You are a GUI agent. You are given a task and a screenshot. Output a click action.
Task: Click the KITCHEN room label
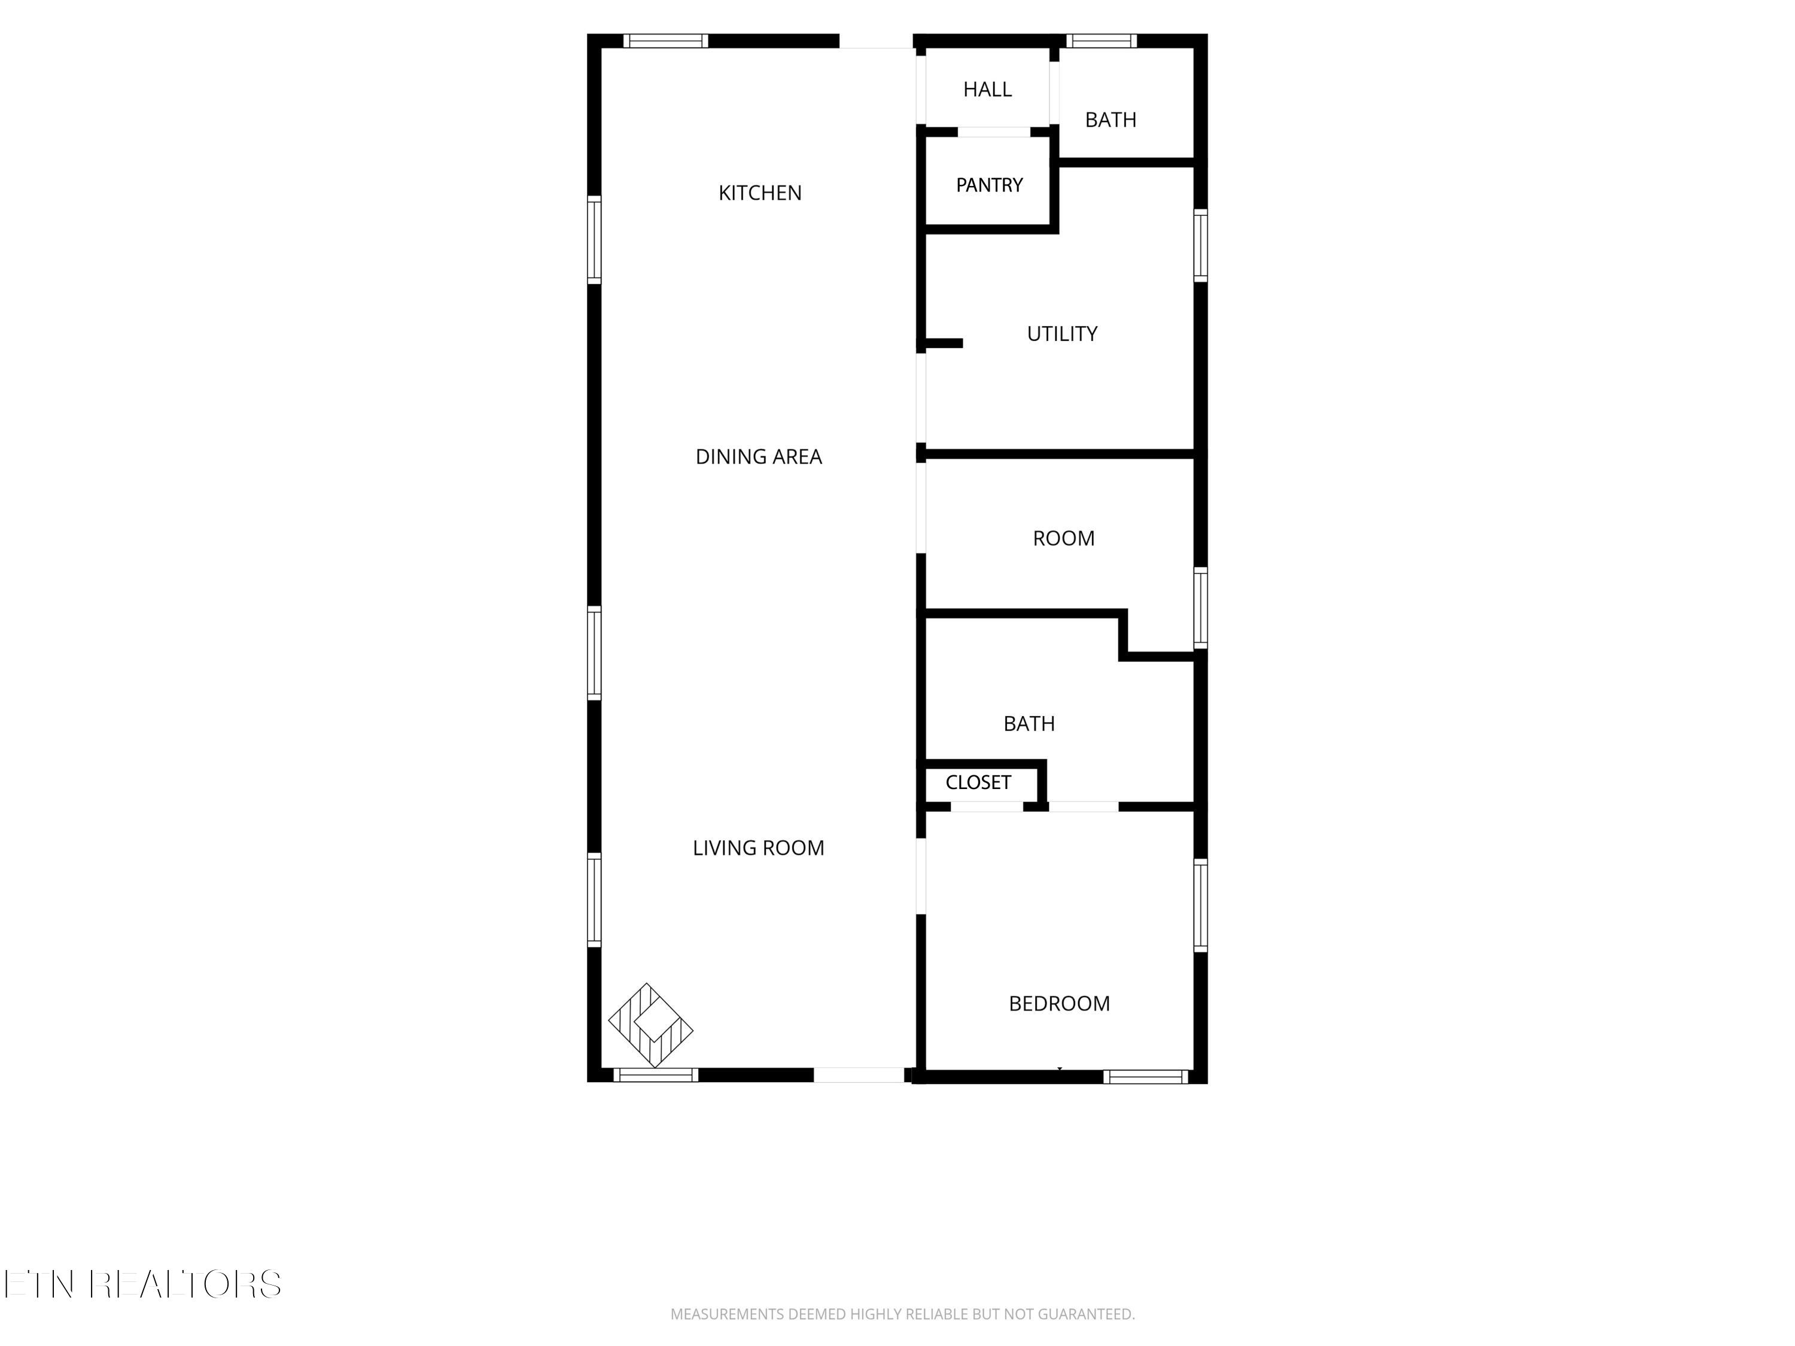pos(759,193)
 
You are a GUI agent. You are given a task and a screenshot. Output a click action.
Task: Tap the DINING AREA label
pos(759,457)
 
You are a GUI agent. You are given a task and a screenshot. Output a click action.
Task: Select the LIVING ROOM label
pos(758,848)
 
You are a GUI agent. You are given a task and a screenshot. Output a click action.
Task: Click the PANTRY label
pos(989,185)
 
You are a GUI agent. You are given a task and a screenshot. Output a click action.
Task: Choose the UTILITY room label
pos(1061,333)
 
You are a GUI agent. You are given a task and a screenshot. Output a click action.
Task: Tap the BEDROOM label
pos(1059,1004)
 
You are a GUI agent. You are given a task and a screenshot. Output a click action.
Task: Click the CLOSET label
pos(978,782)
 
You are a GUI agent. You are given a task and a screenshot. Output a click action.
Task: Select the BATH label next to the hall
pos(1110,120)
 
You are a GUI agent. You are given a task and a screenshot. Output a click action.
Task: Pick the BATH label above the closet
pos(1029,724)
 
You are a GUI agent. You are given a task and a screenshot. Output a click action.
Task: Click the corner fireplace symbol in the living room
pos(650,1025)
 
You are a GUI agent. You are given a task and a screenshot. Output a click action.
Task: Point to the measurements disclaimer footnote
pos(902,1314)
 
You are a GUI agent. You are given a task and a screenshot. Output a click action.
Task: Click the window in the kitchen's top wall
pos(665,41)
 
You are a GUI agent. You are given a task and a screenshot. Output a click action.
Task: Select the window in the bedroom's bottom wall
pos(1146,1077)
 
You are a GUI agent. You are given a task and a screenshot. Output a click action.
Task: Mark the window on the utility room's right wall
pos(1200,245)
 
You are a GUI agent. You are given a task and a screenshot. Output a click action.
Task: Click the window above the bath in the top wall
pos(1100,41)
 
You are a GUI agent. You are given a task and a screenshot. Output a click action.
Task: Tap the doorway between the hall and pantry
pos(994,132)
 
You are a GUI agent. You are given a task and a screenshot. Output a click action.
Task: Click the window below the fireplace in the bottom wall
pos(656,1075)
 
